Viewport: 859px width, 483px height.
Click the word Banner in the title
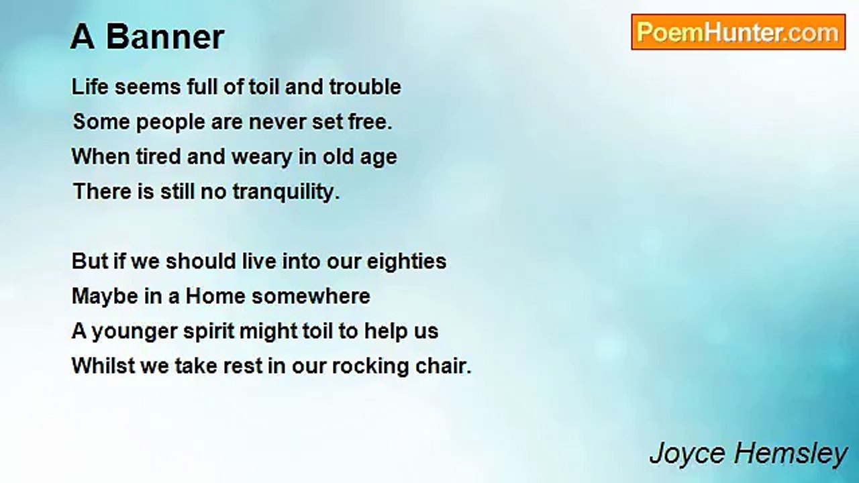coord(165,37)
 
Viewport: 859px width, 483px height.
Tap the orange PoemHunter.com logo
coord(738,32)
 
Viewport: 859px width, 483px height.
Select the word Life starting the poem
coord(90,87)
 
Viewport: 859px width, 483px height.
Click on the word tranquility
coord(287,192)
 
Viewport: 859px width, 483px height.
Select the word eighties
coord(407,262)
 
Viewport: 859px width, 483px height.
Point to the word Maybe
coord(105,297)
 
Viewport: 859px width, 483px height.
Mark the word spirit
coord(209,332)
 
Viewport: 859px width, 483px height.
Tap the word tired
coord(158,156)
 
